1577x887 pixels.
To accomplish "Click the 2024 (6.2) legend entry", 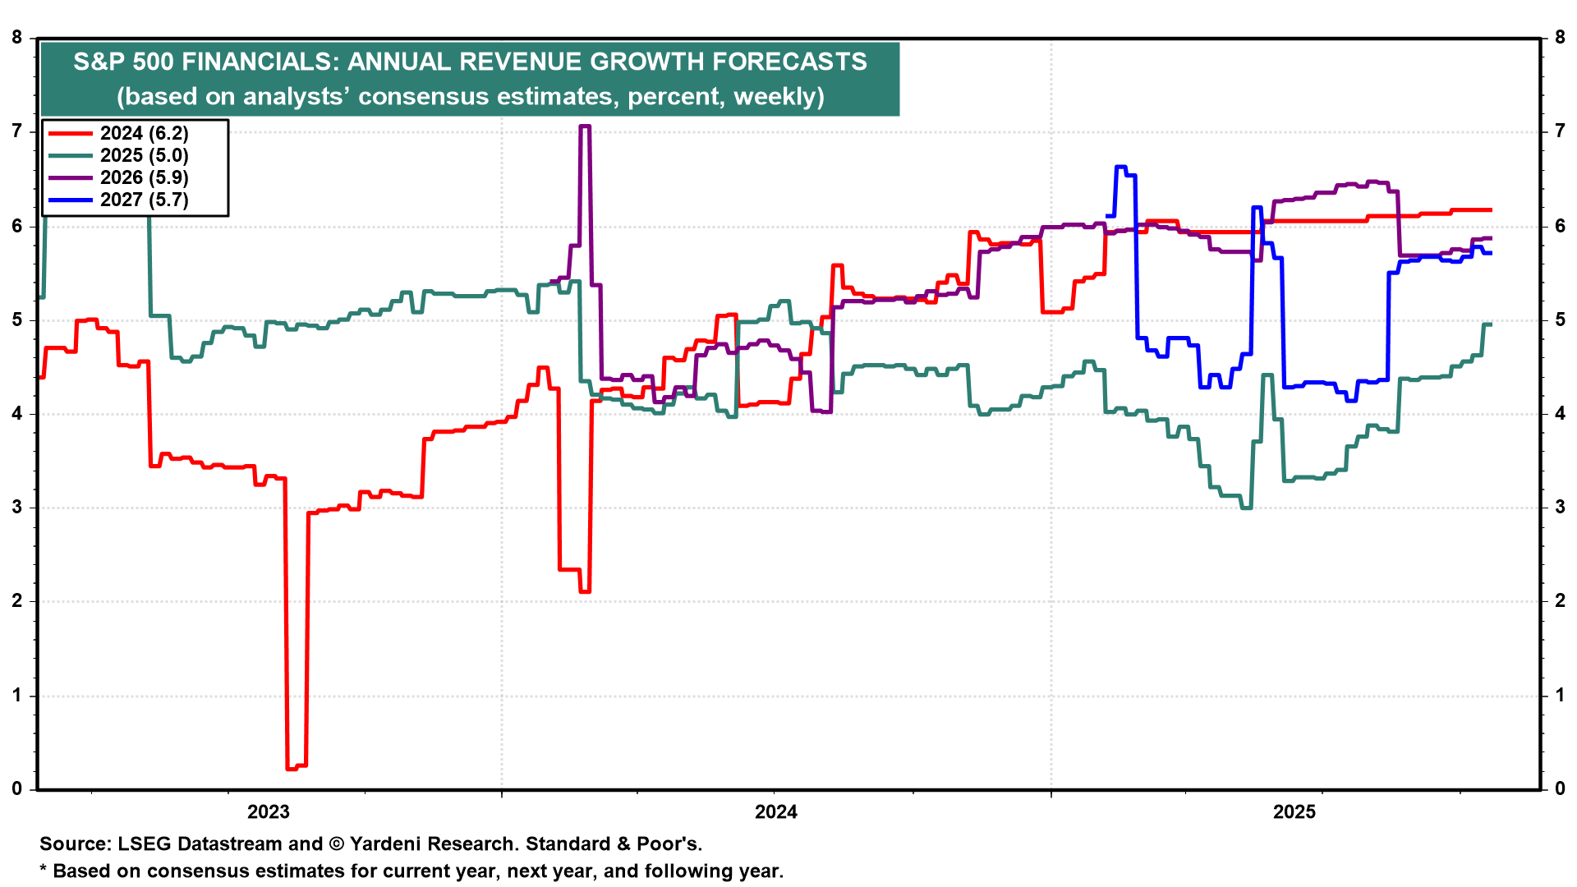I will pos(144,133).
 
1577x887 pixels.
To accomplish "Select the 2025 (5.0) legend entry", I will pos(144,155).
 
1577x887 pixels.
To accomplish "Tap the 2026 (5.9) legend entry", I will pos(144,177).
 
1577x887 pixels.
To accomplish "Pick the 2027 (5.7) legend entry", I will pos(144,200).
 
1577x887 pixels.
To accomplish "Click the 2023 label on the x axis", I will pos(269,812).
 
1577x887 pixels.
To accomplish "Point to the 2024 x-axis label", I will pos(776,812).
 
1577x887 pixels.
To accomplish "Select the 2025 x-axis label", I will pos(1294,812).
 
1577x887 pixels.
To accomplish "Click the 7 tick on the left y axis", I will pos(17,131).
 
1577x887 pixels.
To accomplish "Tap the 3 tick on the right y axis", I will pos(1560,508).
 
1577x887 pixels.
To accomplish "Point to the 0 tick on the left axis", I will pos(17,789).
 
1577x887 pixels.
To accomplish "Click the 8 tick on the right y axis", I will pos(1560,38).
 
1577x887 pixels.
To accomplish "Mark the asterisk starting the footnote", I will pos(44,870).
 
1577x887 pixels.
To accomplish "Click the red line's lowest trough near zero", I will pos(296,767).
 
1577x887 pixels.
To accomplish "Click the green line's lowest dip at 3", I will pos(1246,508).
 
